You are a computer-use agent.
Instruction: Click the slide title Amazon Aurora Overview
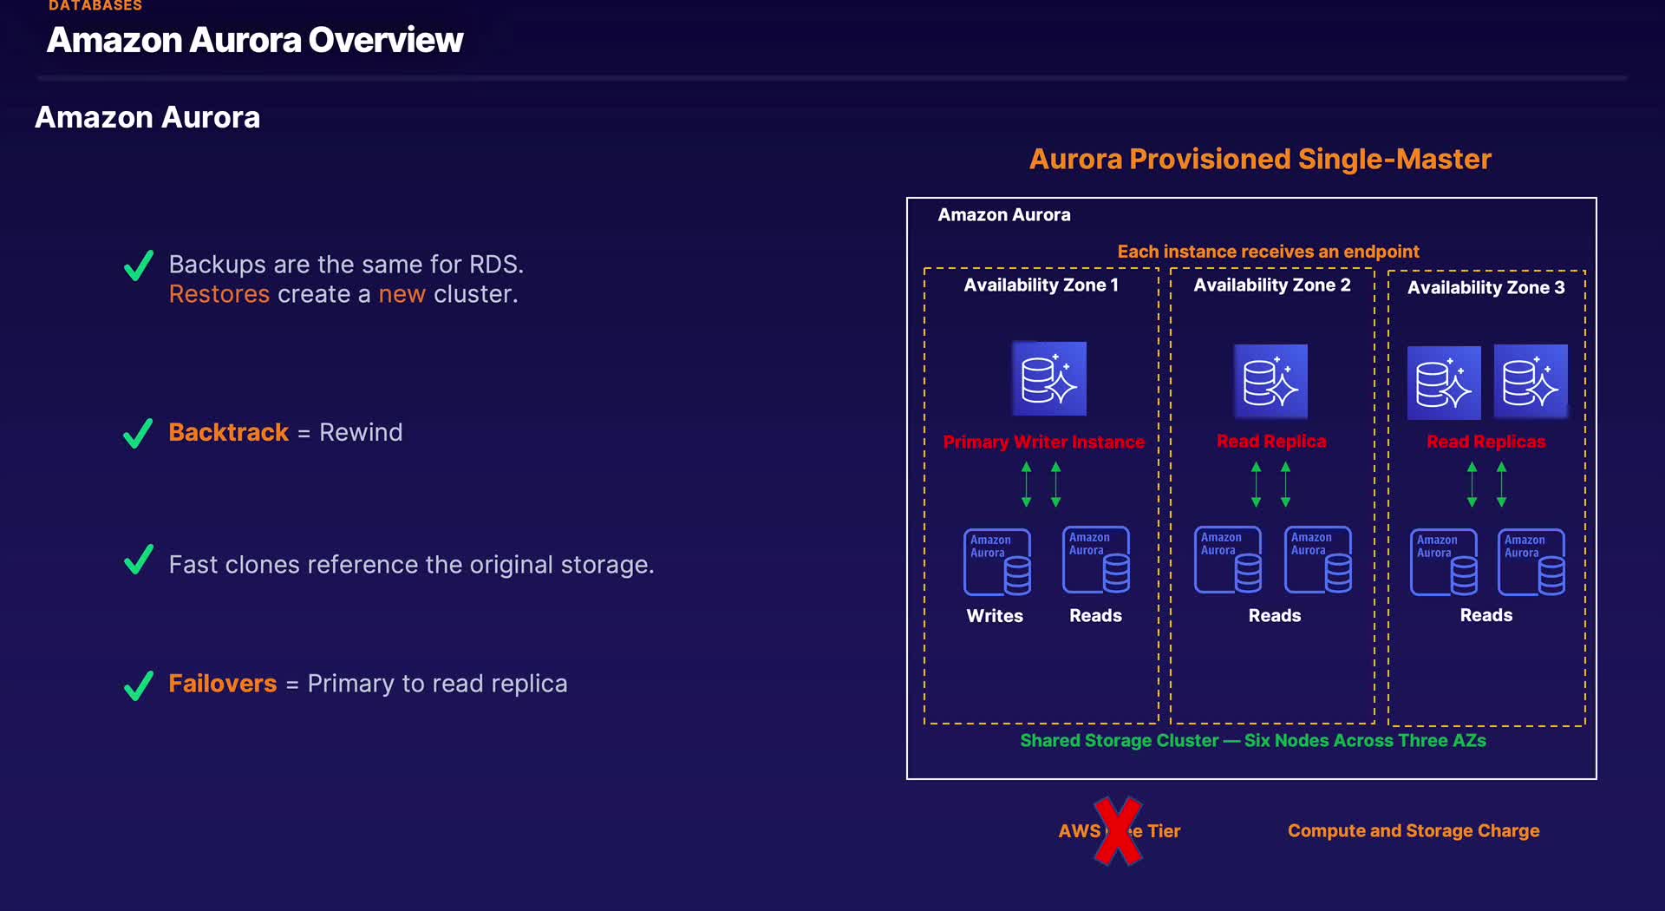[x=255, y=40]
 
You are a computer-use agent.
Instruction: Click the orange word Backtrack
[x=228, y=432]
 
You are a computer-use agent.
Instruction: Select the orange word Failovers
[x=222, y=684]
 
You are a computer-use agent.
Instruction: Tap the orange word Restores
[x=219, y=294]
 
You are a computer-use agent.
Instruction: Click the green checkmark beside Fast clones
[x=139, y=560]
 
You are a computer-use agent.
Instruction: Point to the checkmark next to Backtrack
[x=139, y=433]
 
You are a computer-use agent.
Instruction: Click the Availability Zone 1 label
[x=1041, y=285]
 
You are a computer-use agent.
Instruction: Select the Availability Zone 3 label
[x=1485, y=288]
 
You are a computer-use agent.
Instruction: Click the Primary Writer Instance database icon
[x=1049, y=379]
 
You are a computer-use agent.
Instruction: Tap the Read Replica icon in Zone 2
[x=1270, y=382]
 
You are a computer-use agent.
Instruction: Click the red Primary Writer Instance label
[x=1043, y=442]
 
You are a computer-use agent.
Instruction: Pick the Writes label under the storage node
[x=995, y=616]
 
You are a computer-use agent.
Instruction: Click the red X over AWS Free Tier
[x=1118, y=831]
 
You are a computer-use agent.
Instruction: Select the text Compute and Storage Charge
[x=1413, y=831]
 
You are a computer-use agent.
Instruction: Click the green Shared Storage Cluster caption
[x=1252, y=741]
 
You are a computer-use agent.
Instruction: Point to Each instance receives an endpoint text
[x=1268, y=252]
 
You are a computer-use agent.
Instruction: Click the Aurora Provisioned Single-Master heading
[x=1259, y=160]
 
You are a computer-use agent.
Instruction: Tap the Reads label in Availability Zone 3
[x=1485, y=615]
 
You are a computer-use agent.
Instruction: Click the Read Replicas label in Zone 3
[x=1485, y=442]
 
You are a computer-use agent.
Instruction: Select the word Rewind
[x=361, y=432]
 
